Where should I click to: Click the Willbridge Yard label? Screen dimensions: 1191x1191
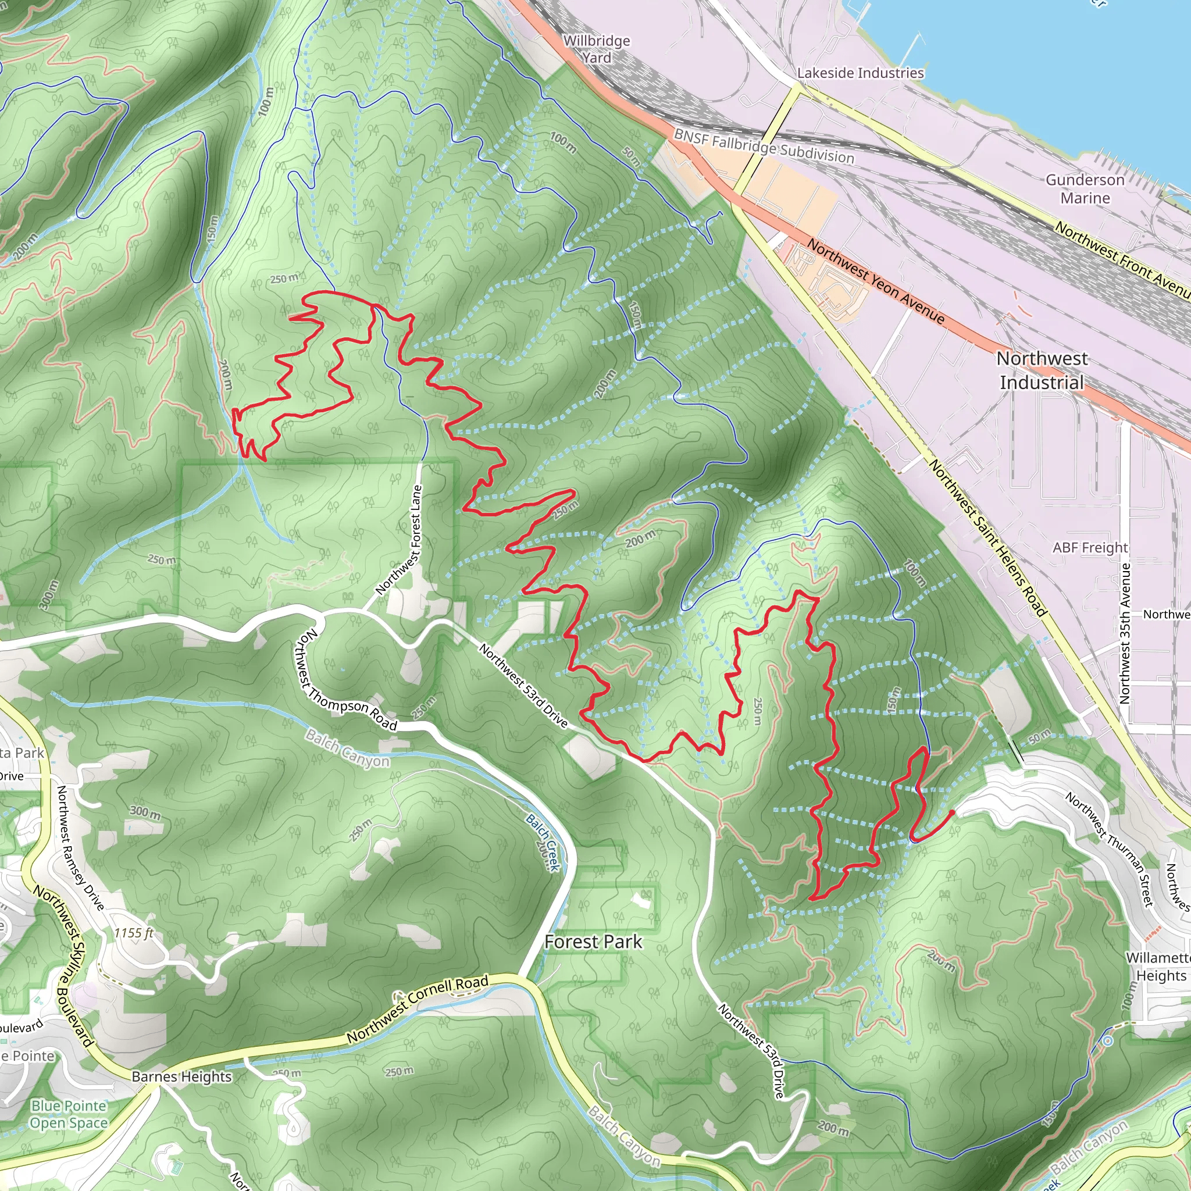597,49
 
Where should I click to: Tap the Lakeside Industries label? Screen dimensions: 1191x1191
860,73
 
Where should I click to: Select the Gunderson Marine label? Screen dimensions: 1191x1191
1085,188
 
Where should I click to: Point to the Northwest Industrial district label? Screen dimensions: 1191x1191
1042,370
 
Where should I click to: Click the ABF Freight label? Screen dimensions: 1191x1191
1090,547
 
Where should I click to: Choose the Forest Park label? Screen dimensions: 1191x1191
593,942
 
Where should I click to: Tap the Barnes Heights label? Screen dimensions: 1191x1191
182,1076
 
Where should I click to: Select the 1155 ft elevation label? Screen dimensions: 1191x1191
133,933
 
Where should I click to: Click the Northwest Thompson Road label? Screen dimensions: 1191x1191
345,681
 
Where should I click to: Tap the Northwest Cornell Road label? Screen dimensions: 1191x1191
418,1008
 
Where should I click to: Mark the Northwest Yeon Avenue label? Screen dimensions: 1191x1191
875,281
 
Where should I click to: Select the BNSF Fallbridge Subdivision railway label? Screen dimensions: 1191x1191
764,145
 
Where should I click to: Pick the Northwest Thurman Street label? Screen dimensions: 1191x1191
1110,850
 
